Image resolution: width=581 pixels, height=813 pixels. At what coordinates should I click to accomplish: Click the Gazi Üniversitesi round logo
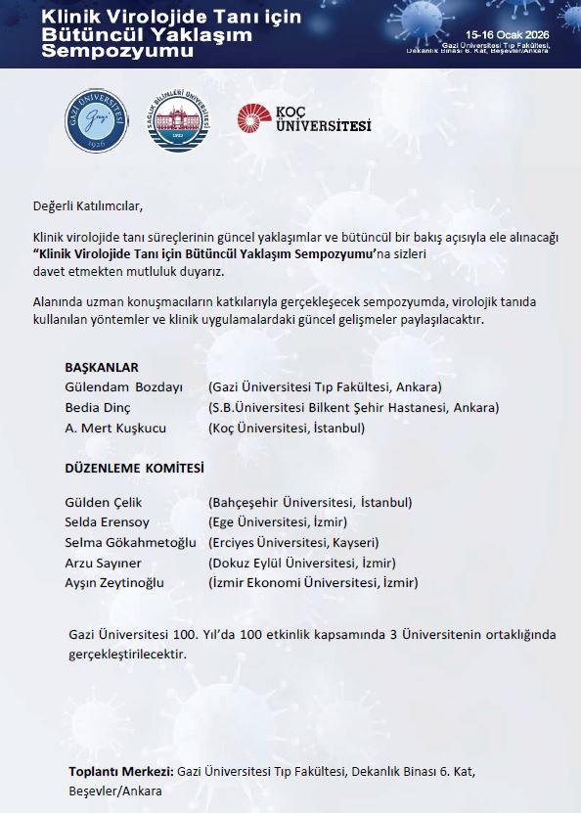coord(95,121)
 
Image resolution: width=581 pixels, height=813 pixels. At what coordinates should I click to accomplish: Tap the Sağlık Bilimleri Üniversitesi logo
coord(178,121)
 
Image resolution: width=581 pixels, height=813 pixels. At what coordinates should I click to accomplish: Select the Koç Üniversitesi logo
coord(303,120)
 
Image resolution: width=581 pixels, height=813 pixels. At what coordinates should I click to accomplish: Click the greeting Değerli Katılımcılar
coord(87,205)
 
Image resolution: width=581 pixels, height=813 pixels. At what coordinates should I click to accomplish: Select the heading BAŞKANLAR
coord(102,368)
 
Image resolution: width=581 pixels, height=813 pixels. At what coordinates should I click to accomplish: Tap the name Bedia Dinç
coord(97,408)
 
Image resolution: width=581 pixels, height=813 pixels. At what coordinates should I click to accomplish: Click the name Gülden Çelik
coord(103,503)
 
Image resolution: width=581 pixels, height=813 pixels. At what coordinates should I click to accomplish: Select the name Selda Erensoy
coord(107,522)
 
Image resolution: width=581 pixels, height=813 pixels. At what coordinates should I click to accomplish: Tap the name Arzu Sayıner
coord(103,563)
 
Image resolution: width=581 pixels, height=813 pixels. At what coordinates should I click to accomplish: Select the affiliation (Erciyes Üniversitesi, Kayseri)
coord(293,543)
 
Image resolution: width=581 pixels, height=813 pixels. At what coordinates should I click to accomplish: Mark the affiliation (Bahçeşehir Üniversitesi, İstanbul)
coord(310,503)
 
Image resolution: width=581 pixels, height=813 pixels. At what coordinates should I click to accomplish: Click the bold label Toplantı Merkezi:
coord(121,772)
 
